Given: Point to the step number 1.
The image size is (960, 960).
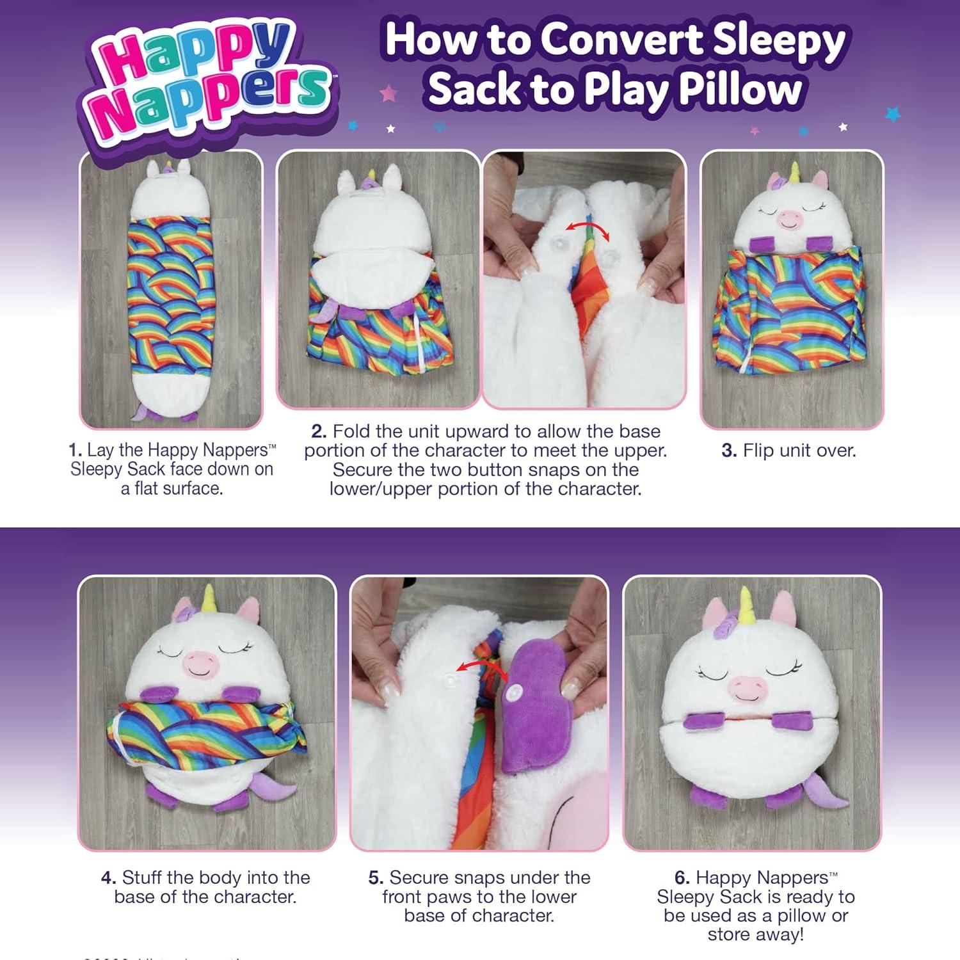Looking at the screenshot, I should point(75,451).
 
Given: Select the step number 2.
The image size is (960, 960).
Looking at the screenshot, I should point(319,431).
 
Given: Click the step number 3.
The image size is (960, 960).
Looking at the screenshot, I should point(729,451).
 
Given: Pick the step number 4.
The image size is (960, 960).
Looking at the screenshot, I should point(108,877).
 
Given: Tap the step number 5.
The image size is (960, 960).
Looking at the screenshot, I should point(376,877).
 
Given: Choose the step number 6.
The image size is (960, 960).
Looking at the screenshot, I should point(682,877).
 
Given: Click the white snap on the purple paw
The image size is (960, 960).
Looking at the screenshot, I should point(514,692).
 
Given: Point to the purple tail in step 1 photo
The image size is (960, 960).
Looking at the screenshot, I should point(140,413).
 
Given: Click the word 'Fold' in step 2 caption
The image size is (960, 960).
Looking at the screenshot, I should point(352,431).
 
